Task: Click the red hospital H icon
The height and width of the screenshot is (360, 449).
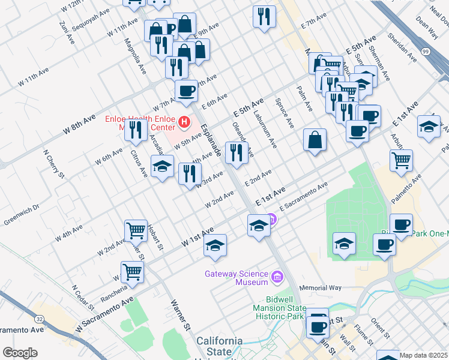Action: coord(185,124)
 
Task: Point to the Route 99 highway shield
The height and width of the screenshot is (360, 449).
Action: coord(426,52)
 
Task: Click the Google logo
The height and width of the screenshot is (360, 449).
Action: coord(20,352)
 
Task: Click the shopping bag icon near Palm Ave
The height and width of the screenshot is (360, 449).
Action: coord(315,140)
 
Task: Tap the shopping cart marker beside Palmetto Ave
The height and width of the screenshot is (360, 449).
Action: coord(401,160)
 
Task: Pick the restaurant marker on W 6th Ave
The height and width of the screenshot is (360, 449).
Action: coord(136,129)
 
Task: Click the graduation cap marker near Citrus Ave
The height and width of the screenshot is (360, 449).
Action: coord(161,168)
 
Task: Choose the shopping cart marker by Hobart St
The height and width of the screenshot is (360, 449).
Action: coord(136,230)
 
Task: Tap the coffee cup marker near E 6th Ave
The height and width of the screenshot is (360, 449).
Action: coord(186,91)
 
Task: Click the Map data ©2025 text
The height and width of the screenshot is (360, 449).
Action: coord(424,355)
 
